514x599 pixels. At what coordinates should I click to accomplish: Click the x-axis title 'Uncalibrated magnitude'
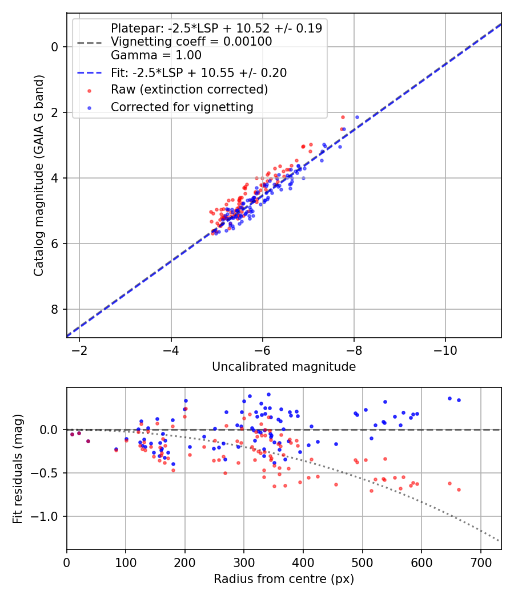pyautogui.click(x=284, y=367)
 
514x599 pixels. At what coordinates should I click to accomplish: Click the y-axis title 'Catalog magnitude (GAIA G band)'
pyautogui.click(x=39, y=175)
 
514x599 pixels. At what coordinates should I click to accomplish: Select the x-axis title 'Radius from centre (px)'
pyautogui.click(x=284, y=579)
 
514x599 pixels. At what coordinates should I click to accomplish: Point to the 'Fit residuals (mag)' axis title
pyautogui.click(x=18, y=469)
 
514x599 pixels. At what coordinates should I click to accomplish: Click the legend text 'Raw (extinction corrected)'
pyautogui.click(x=189, y=90)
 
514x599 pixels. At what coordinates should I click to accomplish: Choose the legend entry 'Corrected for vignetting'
pyautogui.click(x=182, y=107)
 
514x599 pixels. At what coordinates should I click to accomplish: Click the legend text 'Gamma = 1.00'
pyautogui.click(x=156, y=55)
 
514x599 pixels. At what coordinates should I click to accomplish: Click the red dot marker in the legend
pyautogui.click(x=90, y=91)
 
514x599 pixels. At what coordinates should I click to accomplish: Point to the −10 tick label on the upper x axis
pyautogui.click(x=445, y=350)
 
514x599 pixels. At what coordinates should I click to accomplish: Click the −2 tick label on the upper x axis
pyautogui.click(x=79, y=350)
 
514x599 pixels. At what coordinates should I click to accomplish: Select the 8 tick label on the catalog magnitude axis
pyautogui.click(x=55, y=309)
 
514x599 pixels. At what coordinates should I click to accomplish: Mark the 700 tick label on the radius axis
pyautogui.click(x=480, y=562)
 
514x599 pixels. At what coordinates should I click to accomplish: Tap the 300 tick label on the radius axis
pyautogui.click(x=244, y=562)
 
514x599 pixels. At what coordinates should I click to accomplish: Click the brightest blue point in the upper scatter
pyautogui.click(x=357, y=118)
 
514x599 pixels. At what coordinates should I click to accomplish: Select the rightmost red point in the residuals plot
pyautogui.click(x=459, y=489)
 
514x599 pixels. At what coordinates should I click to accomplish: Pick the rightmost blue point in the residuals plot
pyautogui.click(x=459, y=400)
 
